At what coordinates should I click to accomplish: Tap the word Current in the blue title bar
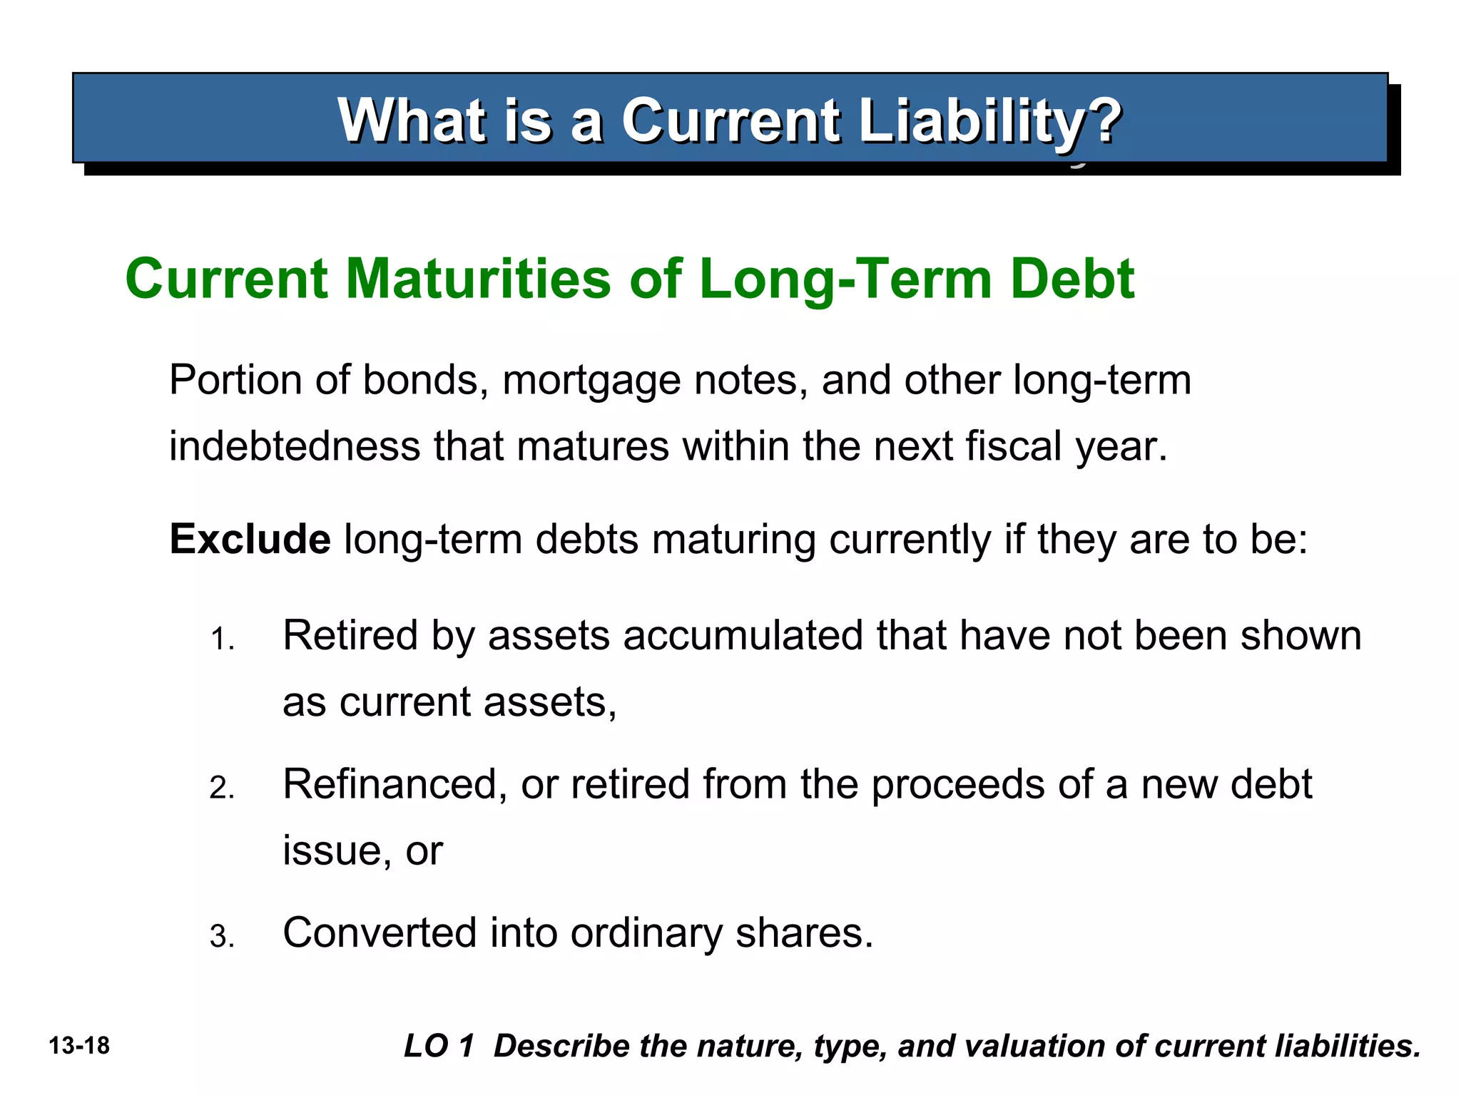pos(730,121)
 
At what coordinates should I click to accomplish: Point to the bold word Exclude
pos(250,539)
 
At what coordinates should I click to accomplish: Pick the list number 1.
pos(221,639)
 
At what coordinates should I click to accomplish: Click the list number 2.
pos(221,788)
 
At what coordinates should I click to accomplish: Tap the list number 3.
pos(221,937)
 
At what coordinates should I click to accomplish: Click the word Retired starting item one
pos(350,635)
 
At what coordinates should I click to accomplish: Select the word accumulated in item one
pos(743,635)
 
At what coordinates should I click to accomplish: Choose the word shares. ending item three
pos(804,932)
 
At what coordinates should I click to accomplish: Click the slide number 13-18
pos(79,1046)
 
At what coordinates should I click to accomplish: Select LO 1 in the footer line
pos(439,1046)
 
